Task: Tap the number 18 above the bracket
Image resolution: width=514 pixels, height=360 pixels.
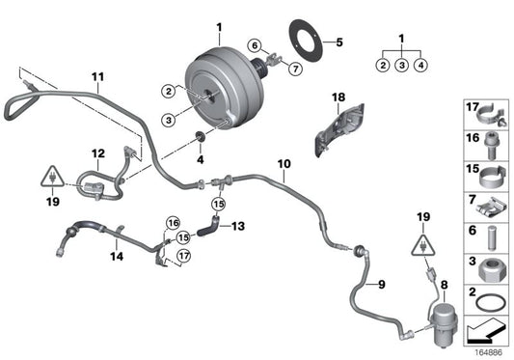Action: pyautogui.click(x=338, y=98)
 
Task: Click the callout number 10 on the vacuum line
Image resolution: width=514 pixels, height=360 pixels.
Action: pyautogui.click(x=284, y=165)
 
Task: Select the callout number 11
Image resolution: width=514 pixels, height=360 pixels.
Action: pyautogui.click(x=96, y=76)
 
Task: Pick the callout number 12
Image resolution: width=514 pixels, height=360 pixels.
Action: pyautogui.click(x=97, y=152)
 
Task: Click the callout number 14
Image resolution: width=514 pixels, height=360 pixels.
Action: pyautogui.click(x=115, y=258)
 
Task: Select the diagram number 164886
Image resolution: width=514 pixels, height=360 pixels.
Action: pyautogui.click(x=487, y=351)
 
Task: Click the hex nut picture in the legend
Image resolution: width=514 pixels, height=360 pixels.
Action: pyautogui.click(x=487, y=263)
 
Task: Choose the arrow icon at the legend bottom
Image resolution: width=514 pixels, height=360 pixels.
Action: pyautogui.click(x=487, y=331)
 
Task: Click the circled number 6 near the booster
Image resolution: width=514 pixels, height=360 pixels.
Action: pyautogui.click(x=254, y=45)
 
